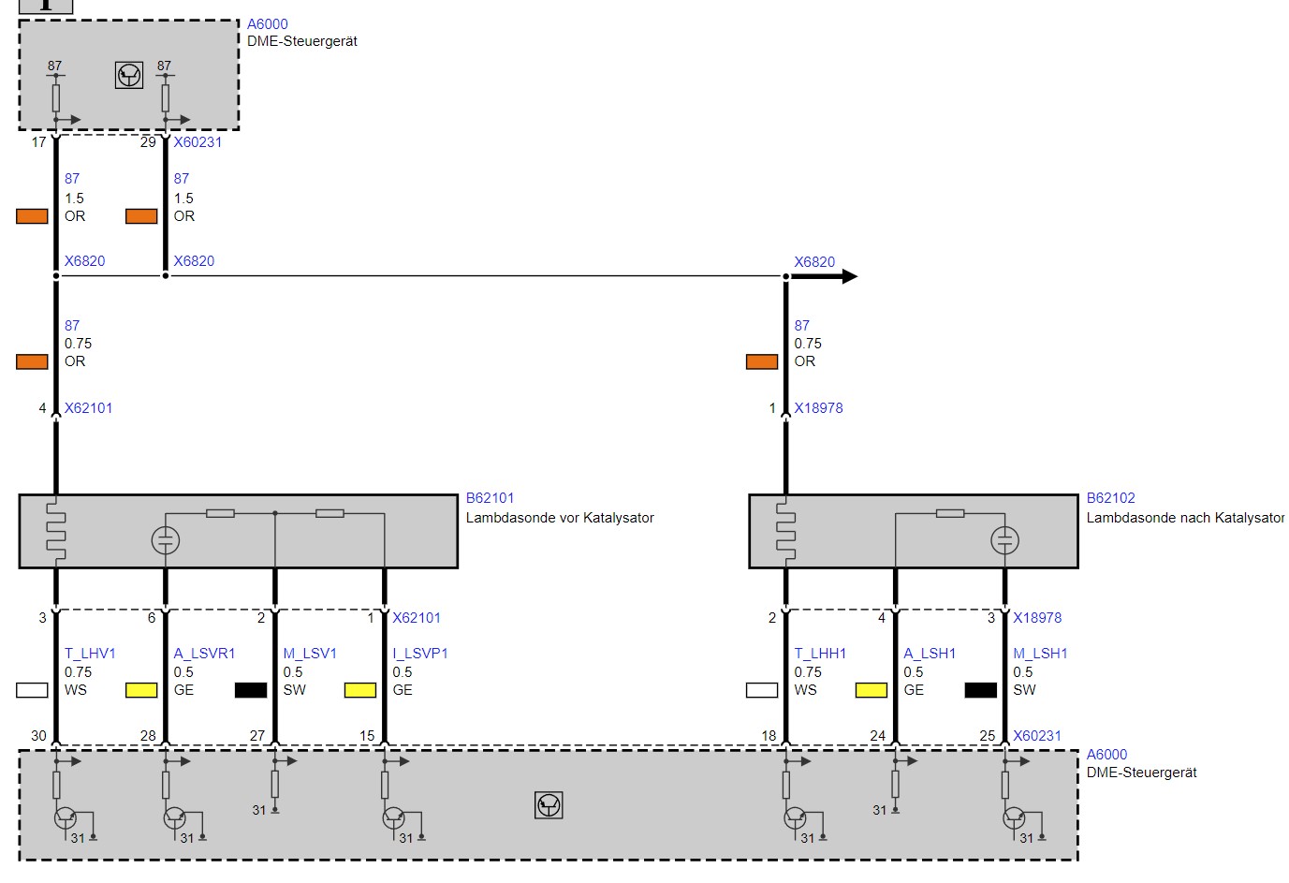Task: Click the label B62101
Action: coord(490,498)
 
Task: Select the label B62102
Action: coord(1110,498)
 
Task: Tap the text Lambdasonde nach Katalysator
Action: coord(1185,518)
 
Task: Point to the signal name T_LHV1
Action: coord(90,654)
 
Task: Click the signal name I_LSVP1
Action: coord(420,654)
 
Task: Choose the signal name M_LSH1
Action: coord(1040,654)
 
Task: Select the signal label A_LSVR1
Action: coord(204,654)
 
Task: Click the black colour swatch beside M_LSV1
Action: coord(251,689)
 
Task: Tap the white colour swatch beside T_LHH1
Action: coord(762,689)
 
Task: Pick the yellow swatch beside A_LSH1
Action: coord(872,689)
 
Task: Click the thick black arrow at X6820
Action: coord(824,276)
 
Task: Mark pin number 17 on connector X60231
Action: coord(38,142)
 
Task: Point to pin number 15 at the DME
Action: coord(367,736)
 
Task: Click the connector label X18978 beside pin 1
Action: coord(818,408)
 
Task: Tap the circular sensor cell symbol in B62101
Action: coord(165,540)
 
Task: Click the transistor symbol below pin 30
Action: coord(65,817)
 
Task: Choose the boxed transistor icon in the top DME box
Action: coord(129,76)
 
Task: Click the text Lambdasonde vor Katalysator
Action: coord(560,518)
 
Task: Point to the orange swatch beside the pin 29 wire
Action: coord(141,216)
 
